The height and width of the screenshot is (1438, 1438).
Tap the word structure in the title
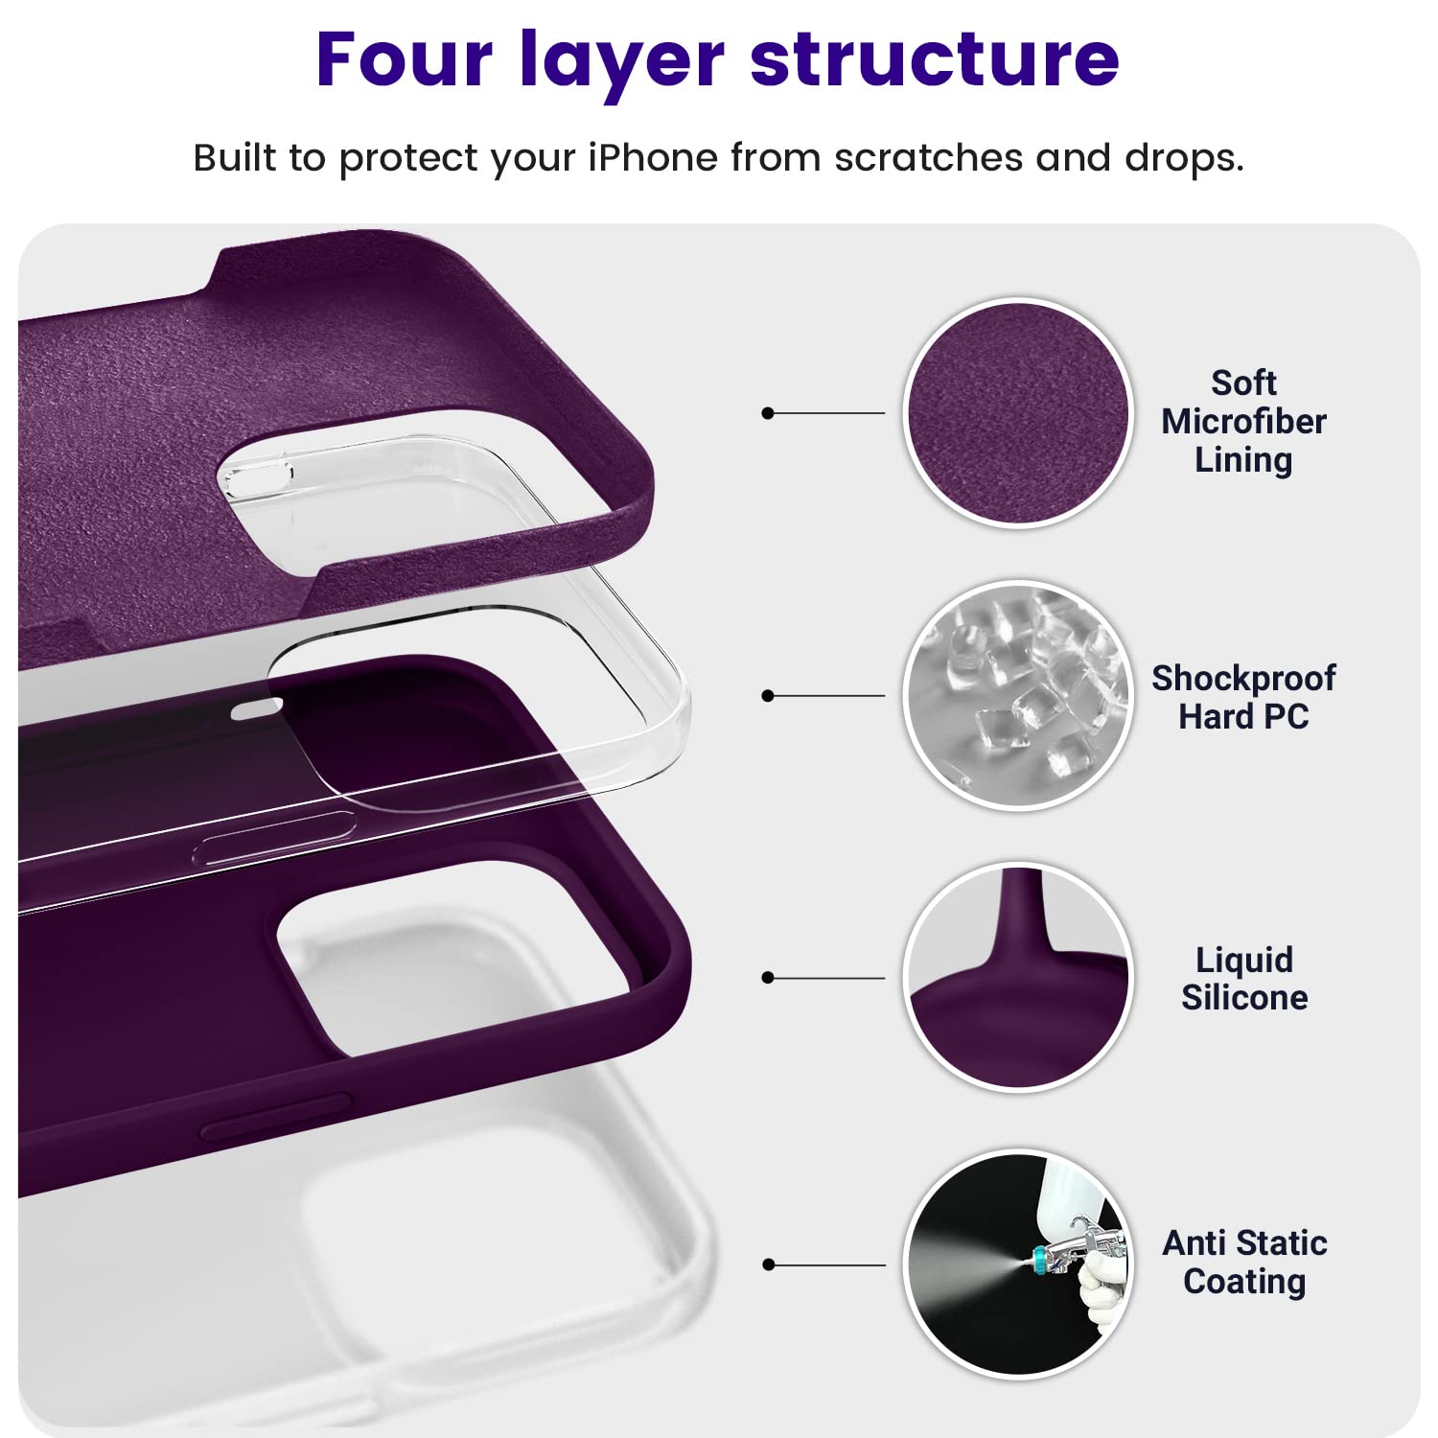tap(935, 59)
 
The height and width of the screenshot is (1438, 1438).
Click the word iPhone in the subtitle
tap(652, 157)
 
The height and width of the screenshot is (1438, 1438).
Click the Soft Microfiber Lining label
tap(1243, 422)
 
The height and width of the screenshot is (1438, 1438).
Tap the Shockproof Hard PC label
tap(1243, 697)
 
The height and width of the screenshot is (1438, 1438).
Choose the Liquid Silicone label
tap(1243, 979)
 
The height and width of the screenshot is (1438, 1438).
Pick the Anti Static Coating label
tap(1244, 1262)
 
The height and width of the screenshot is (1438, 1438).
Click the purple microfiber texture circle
tap(1018, 413)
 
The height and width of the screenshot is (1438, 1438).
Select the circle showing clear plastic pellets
tap(1018, 696)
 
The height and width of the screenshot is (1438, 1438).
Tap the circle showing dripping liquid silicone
tap(1018, 978)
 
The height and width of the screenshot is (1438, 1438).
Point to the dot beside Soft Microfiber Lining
tap(767, 413)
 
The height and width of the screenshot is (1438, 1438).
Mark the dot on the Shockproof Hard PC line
tap(767, 696)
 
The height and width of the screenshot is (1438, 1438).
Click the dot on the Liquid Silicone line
tap(767, 978)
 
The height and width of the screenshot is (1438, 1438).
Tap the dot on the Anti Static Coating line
tap(767, 1264)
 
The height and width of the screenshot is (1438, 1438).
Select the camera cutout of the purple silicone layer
tap(451, 959)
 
